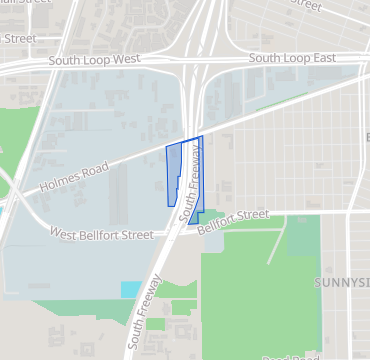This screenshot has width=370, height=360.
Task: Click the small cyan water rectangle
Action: [x=131, y=289]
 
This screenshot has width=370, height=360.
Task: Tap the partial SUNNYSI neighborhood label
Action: [x=341, y=283]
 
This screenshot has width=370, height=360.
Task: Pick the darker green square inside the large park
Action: [x=303, y=236]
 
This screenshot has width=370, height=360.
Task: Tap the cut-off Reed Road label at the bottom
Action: [x=289, y=356]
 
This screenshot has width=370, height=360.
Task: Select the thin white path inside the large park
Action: [x=276, y=244]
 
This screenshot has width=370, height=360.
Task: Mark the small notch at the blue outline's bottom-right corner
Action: [x=200, y=216]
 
